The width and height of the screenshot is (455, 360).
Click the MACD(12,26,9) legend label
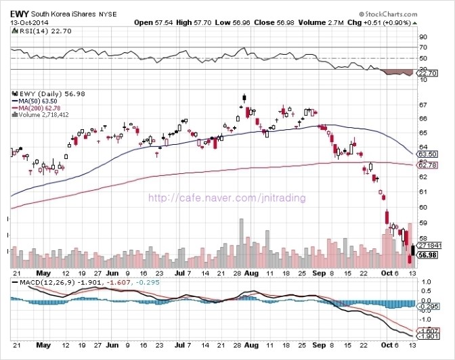(x=47, y=282)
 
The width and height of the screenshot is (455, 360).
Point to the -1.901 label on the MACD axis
(x=429, y=336)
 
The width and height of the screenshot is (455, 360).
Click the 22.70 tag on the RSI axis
(x=429, y=73)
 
